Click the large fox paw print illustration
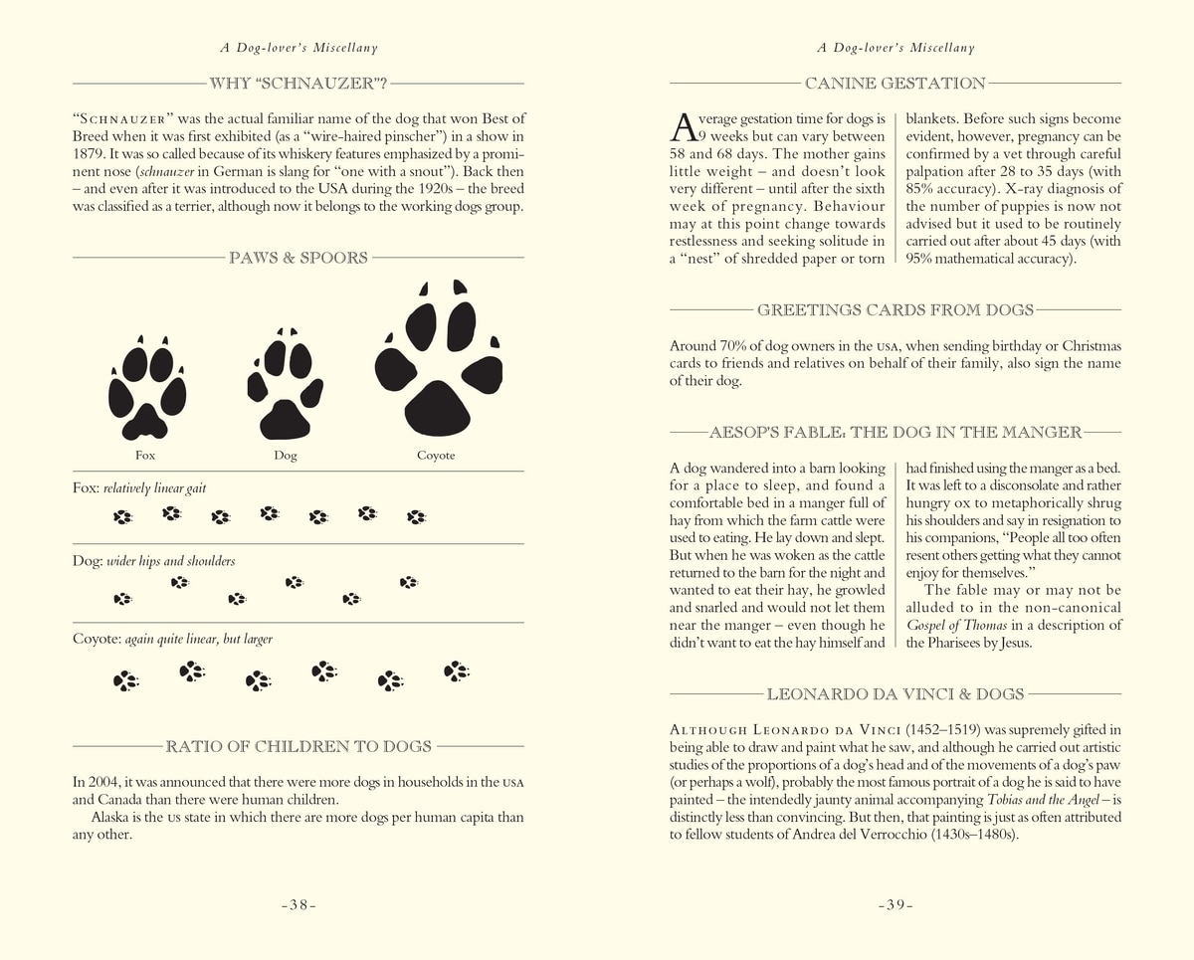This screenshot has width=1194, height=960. (147, 389)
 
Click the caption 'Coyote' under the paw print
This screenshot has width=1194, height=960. (436, 456)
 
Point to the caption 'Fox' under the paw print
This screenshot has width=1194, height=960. (145, 456)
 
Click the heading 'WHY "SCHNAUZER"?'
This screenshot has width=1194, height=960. (298, 84)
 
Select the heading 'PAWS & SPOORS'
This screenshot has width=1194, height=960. (298, 258)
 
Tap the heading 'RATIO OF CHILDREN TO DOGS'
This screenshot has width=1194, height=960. (298, 746)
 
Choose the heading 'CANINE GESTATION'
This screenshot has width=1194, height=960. (895, 84)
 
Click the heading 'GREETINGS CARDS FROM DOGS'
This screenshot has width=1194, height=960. (895, 310)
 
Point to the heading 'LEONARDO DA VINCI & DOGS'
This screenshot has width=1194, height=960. (895, 693)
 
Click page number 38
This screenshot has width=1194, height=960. (298, 905)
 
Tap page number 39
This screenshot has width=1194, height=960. (895, 905)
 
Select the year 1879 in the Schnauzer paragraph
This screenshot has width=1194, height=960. (92, 154)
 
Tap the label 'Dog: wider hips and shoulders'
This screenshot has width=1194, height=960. (154, 561)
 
